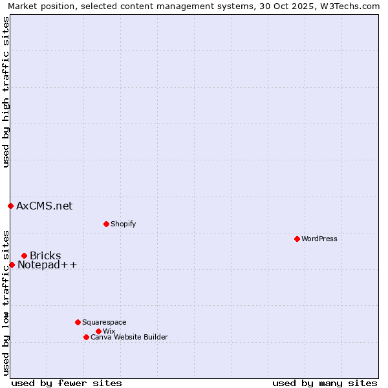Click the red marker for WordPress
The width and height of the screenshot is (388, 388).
coord(297,239)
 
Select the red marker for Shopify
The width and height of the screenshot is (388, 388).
coord(106,224)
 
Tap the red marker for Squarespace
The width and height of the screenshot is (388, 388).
coord(78,322)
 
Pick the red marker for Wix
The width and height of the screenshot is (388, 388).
coord(98,331)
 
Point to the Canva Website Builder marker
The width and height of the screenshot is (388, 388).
coord(86,337)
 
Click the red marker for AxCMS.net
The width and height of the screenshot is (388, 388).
coord(10,206)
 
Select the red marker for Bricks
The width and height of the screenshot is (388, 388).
coord(24,255)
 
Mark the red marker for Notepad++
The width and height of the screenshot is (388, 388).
coord(12,264)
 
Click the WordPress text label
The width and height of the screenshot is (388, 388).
coord(319,239)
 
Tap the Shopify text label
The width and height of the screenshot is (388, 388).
coord(124,224)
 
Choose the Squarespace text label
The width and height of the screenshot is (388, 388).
coord(104,322)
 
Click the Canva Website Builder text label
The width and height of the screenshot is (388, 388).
coord(129,337)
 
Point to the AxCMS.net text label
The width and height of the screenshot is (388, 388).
coord(45,206)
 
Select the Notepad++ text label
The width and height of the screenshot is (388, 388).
coord(47,265)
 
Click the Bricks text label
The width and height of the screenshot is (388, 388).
coord(45,255)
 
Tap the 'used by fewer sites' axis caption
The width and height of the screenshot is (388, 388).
coord(67,383)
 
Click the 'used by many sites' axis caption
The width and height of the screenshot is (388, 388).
coord(325,383)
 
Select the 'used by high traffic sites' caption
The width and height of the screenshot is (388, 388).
coord(6,92)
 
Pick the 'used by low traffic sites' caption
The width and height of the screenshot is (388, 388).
coord(6,303)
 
